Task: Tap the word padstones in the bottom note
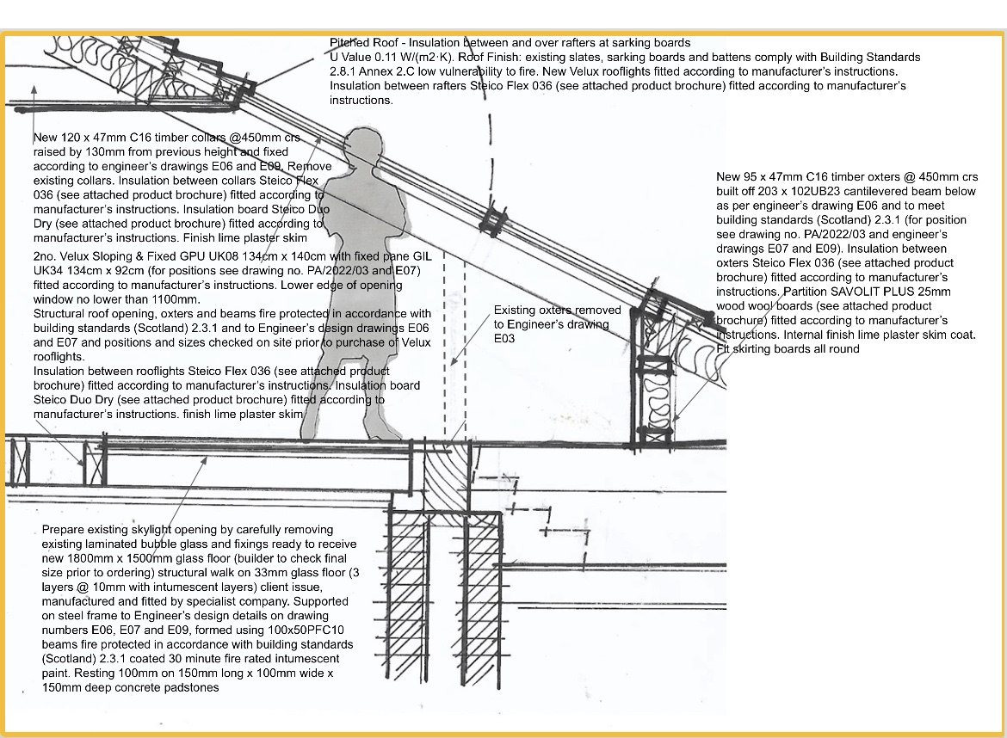[192, 687]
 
